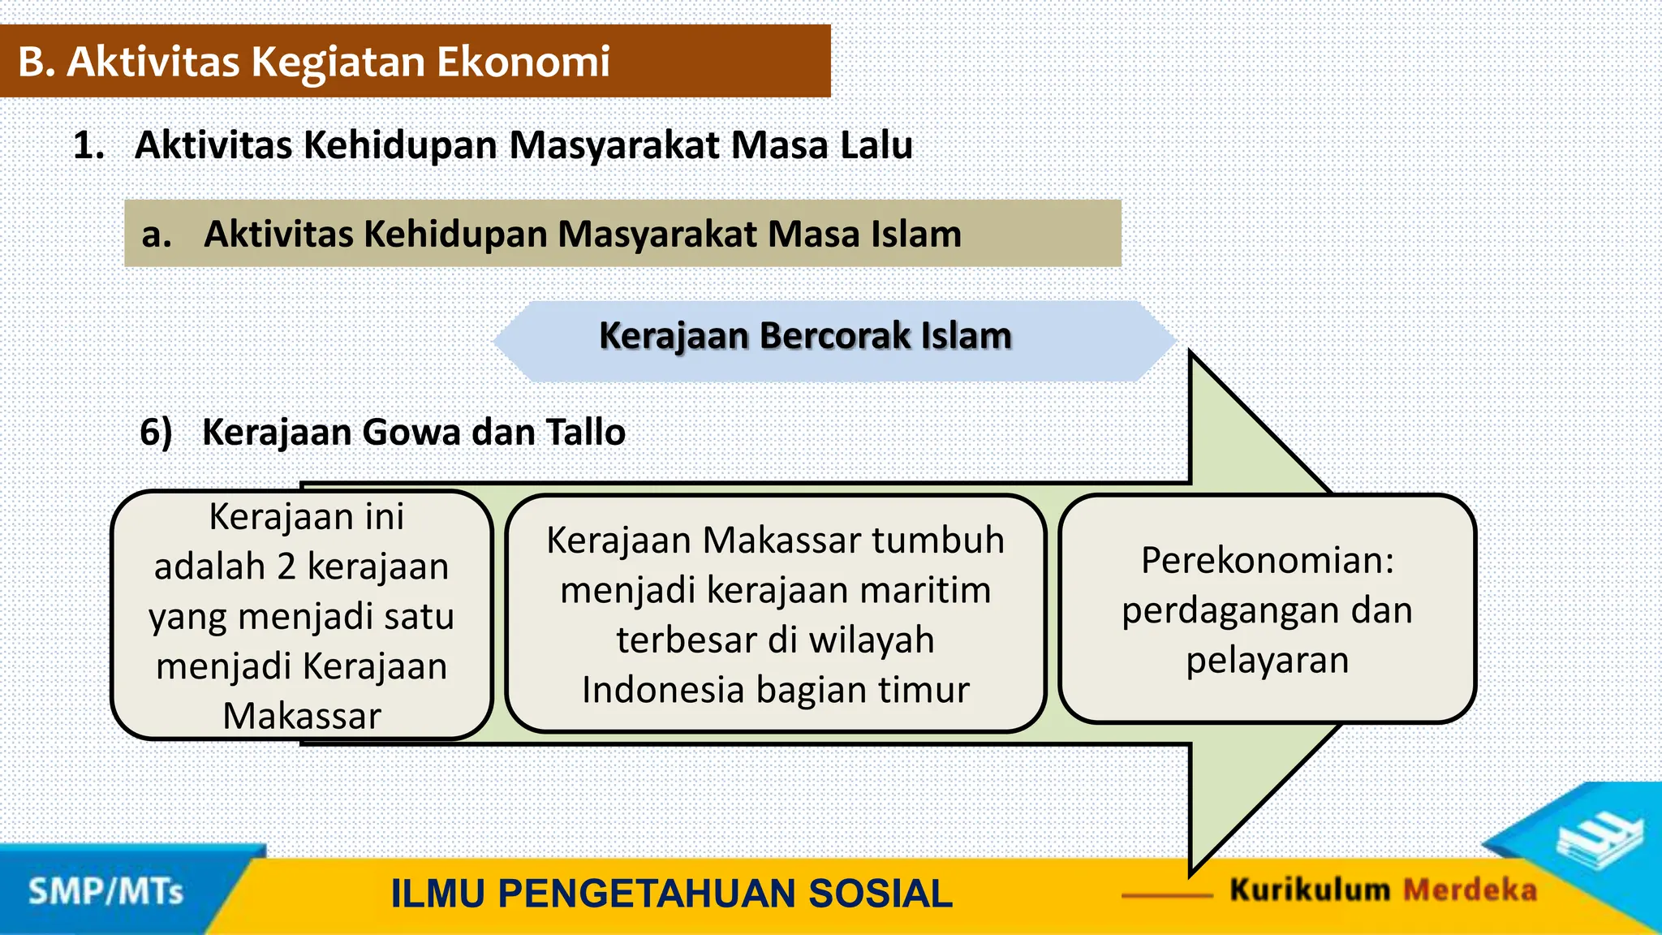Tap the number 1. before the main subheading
point(88,146)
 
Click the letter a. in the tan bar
point(156,235)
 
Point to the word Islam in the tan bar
point(915,235)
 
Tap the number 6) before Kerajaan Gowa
point(156,432)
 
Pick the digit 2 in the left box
point(286,567)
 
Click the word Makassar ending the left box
point(302,716)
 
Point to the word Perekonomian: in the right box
point(1267,560)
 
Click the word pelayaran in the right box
point(1267,660)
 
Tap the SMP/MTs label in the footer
point(105,892)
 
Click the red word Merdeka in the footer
point(1470,890)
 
